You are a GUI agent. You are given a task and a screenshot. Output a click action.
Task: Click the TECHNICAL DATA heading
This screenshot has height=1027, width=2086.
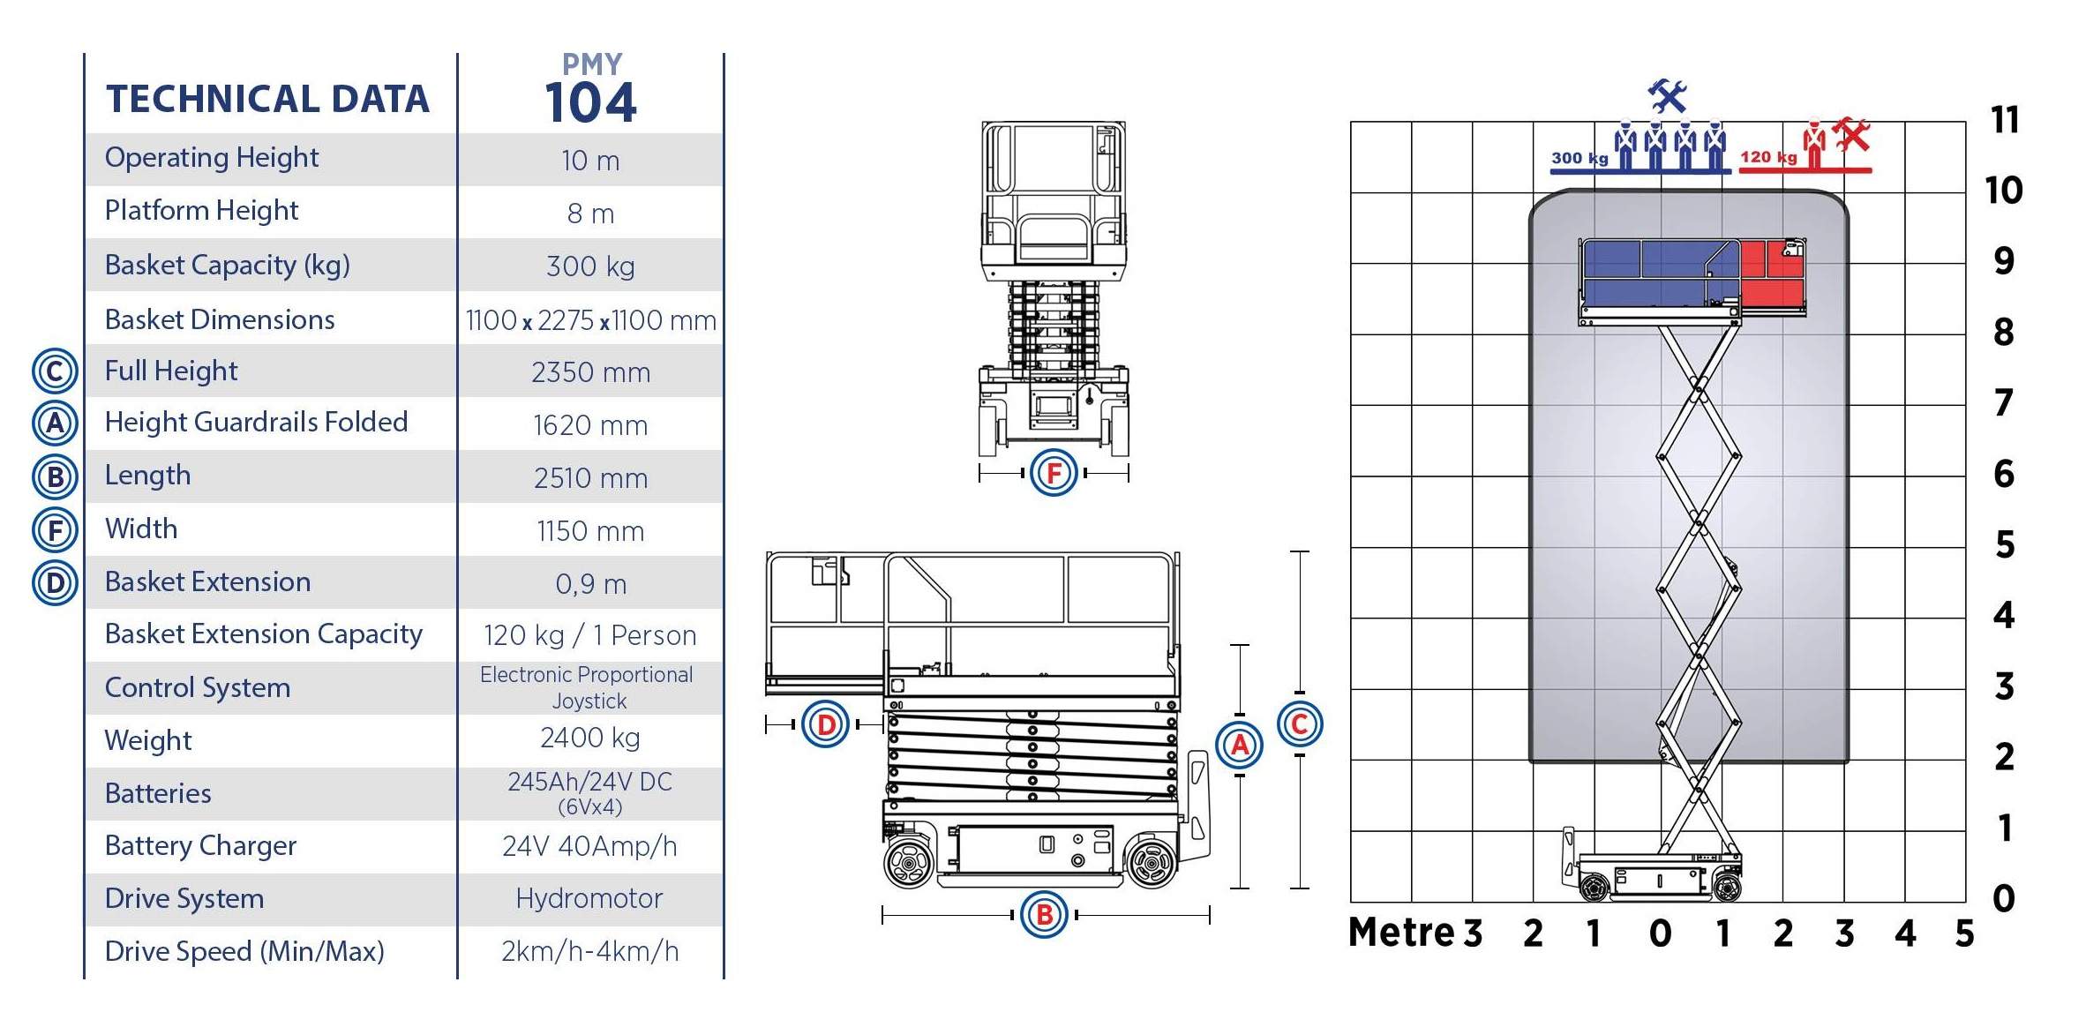pyautogui.click(x=267, y=99)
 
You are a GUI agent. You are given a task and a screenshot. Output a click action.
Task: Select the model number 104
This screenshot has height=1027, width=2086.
pyautogui.click(x=590, y=102)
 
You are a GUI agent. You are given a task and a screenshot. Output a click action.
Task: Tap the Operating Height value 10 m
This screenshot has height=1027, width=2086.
pyautogui.click(x=590, y=161)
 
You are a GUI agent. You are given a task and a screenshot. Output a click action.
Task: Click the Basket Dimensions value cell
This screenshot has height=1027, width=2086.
pyautogui.click(x=590, y=319)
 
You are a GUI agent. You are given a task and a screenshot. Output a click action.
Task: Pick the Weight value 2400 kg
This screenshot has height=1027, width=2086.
pyautogui.click(x=590, y=738)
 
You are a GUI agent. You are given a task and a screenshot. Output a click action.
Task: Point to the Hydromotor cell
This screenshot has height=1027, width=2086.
pyautogui.click(x=589, y=898)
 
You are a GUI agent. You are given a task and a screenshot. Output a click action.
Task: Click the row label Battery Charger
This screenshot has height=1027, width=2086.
pyautogui.click(x=200, y=845)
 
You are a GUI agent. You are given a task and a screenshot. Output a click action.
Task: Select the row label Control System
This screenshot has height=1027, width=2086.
pyautogui.click(x=198, y=687)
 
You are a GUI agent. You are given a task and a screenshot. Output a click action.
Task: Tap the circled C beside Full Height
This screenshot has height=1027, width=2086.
pyautogui.click(x=55, y=371)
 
